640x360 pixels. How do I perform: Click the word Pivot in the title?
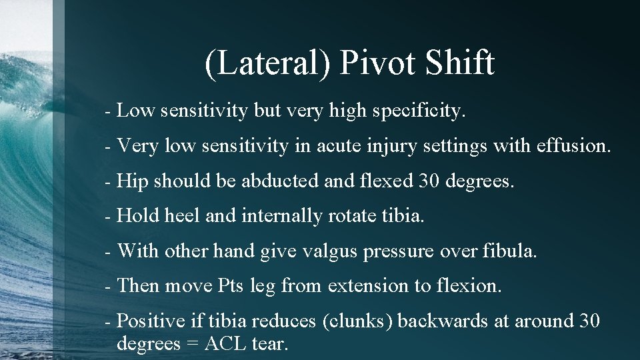pyautogui.click(x=380, y=64)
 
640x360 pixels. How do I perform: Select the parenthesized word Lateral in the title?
pyautogui.click(x=267, y=64)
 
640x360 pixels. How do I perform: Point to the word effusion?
pyautogui.click(x=573, y=146)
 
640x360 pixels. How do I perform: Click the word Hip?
pyautogui.click(x=131, y=181)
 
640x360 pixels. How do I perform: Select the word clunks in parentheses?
pyautogui.click(x=359, y=321)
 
